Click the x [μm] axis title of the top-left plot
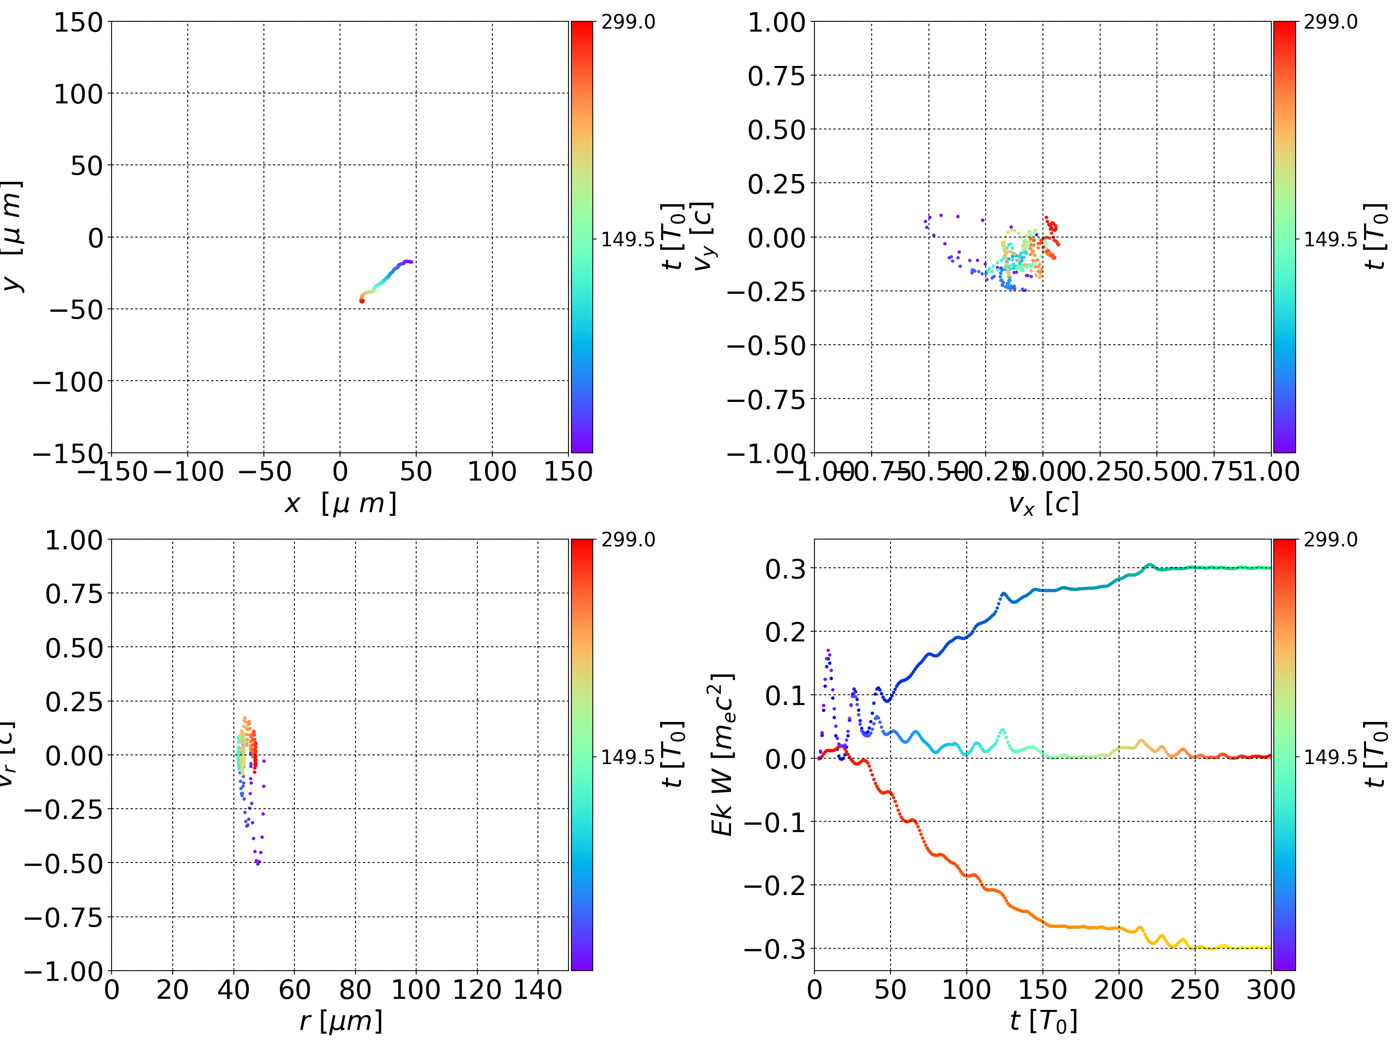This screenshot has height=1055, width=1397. tap(341, 504)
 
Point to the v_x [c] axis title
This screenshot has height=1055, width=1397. tap(1043, 504)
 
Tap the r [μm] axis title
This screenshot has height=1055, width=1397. tap(341, 1021)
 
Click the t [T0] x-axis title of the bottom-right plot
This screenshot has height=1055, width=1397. tap(1043, 1021)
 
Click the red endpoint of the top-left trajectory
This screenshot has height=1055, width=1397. tap(362, 301)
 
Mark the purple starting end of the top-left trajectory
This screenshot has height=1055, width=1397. tap(410, 261)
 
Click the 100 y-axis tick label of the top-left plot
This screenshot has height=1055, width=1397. tap(78, 94)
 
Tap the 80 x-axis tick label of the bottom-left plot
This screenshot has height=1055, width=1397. tap(355, 990)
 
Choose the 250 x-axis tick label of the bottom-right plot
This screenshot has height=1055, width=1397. tap(1195, 990)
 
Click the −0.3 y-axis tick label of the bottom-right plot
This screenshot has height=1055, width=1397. tap(775, 948)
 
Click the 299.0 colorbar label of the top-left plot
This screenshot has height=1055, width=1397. tap(628, 22)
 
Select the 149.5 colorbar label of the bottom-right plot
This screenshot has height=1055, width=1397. tap(1330, 756)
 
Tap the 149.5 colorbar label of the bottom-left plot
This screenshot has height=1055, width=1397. tap(628, 756)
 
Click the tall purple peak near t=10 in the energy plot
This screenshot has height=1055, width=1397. tap(828, 650)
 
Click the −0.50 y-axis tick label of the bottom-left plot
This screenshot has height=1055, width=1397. tap(63, 863)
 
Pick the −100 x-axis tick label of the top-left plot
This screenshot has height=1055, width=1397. tap(188, 472)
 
